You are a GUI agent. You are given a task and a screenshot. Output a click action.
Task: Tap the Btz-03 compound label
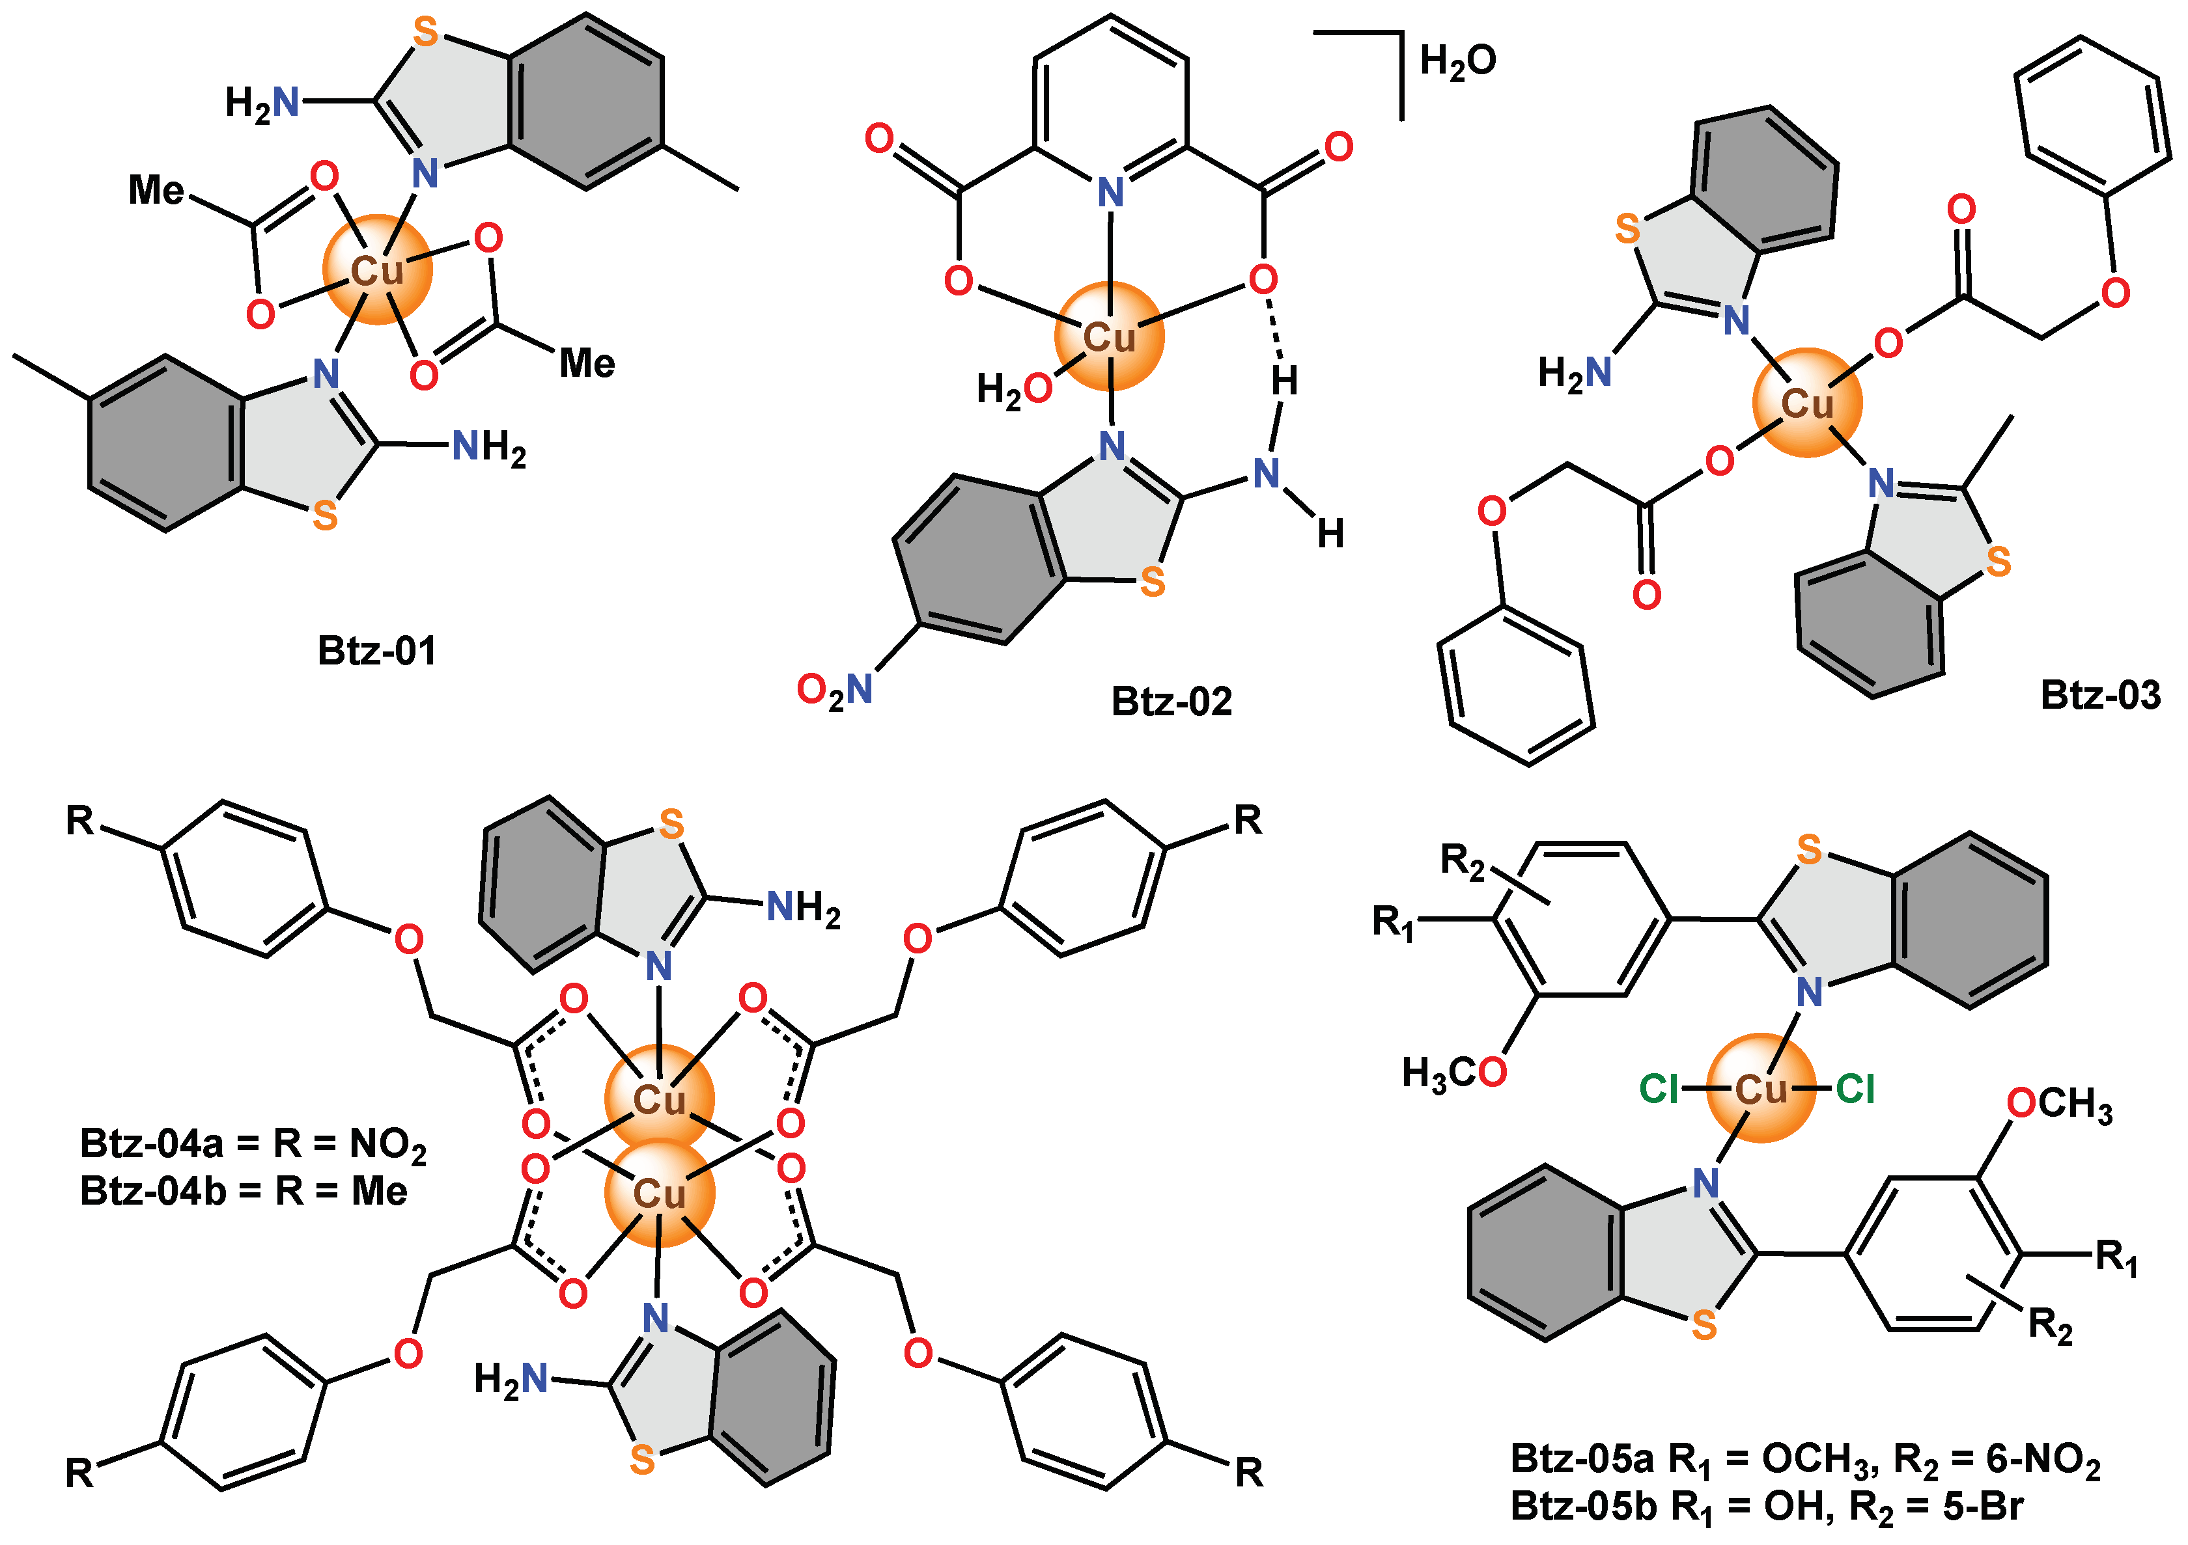coord(2099,695)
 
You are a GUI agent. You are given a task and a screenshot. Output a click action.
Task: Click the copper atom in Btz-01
coord(378,271)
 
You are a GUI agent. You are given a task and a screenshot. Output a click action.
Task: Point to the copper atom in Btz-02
coord(1109,336)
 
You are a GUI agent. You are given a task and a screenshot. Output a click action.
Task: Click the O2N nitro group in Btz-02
coord(835,690)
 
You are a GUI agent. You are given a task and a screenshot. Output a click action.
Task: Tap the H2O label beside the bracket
coord(1457,62)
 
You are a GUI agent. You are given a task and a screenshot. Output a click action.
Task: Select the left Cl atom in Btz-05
coord(1659,1089)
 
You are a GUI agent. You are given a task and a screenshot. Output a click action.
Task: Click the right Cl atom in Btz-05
coord(1855,1089)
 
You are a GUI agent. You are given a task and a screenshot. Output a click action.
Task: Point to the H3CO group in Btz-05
coord(1453,1074)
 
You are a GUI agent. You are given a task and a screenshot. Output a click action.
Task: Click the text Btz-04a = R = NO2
coord(253,1144)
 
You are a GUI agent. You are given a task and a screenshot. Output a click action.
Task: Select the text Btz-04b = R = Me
coord(243,1192)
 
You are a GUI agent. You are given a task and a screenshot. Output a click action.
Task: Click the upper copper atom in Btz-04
coord(660,1099)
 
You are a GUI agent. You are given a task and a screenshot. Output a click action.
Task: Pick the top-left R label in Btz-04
coord(80,820)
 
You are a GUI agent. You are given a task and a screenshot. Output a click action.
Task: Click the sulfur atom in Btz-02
coord(1152,581)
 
